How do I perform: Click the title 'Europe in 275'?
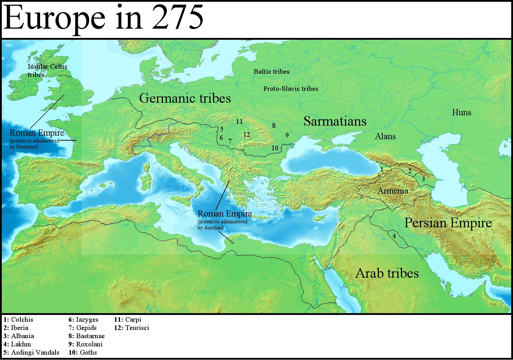pos(103,18)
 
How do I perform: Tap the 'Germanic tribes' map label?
pos(185,98)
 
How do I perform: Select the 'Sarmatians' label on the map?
pos(335,121)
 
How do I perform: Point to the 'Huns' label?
pos(461,112)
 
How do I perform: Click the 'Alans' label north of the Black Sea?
pos(385,136)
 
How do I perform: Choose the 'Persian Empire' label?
pos(448,223)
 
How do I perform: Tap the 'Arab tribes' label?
pos(387,273)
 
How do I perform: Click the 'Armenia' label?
pos(393,191)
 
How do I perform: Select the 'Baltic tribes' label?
pos(271,72)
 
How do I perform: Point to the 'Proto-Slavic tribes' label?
pos(290,89)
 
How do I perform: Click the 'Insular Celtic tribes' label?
pos(47,70)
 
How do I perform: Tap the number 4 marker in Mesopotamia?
pos(394,236)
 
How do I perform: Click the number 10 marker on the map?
pos(275,148)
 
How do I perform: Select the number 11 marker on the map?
pos(239,122)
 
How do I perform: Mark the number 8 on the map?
pos(274,126)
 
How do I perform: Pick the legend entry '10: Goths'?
pos(83,352)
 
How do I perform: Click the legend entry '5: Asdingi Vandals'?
pos(32,352)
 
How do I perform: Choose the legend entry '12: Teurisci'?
pos(131,328)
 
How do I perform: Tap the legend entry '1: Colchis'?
pos(18,320)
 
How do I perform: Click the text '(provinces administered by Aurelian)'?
pos(222,225)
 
